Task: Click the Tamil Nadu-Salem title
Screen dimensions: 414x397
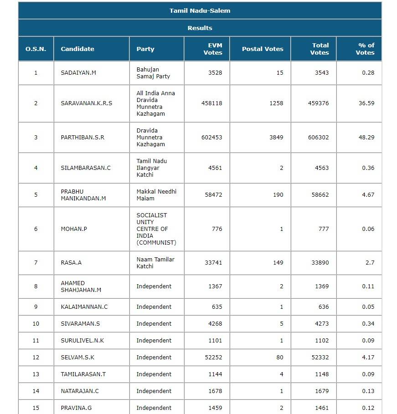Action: point(200,10)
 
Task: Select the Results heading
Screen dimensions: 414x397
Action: point(200,28)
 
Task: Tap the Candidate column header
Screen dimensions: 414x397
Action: point(77,49)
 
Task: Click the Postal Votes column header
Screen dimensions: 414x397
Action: point(263,49)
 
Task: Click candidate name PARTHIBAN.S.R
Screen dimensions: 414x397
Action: point(82,137)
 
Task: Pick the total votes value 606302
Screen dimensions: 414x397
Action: point(318,137)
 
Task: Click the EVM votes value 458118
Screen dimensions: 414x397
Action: point(211,103)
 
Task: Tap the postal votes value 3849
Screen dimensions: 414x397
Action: point(276,137)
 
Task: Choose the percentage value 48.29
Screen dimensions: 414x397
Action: point(366,137)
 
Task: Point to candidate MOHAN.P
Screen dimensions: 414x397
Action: point(74,229)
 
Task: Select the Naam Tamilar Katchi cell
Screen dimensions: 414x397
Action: point(155,263)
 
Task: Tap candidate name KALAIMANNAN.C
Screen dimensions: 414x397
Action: point(84,307)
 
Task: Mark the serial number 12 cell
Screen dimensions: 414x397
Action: point(36,358)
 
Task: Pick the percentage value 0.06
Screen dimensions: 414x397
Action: point(368,229)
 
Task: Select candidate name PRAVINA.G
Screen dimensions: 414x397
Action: point(76,408)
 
